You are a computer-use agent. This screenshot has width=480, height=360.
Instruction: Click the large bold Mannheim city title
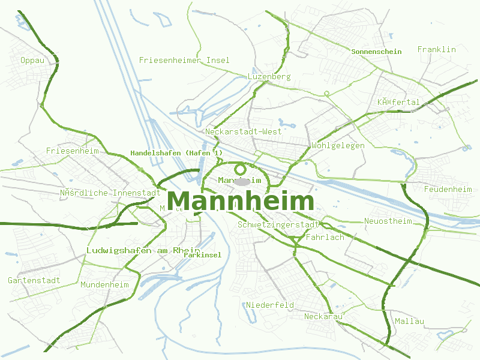241,202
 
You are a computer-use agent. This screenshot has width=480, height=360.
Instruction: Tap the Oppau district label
32,60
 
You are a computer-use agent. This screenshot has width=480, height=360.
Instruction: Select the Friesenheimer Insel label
184,60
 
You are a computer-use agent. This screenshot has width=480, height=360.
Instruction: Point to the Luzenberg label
269,76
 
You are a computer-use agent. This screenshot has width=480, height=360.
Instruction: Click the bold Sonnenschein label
376,52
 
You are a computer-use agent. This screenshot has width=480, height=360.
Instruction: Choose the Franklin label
437,49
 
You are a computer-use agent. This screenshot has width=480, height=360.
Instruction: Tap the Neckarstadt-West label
243,131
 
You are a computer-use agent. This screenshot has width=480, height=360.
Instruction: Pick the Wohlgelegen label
338,145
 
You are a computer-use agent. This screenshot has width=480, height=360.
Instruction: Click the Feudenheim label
448,189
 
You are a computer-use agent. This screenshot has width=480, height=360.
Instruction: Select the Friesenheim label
72,151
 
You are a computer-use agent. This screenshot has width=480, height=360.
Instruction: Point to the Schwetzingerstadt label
278,224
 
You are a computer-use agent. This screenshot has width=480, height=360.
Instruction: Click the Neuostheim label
388,221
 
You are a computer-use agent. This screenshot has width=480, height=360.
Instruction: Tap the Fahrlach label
325,237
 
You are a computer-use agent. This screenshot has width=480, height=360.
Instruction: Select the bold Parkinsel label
202,254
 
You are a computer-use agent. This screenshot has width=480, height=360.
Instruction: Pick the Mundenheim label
104,284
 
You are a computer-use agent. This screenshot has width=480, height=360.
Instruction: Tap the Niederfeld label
270,305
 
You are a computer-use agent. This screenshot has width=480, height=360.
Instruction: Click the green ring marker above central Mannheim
241,169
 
